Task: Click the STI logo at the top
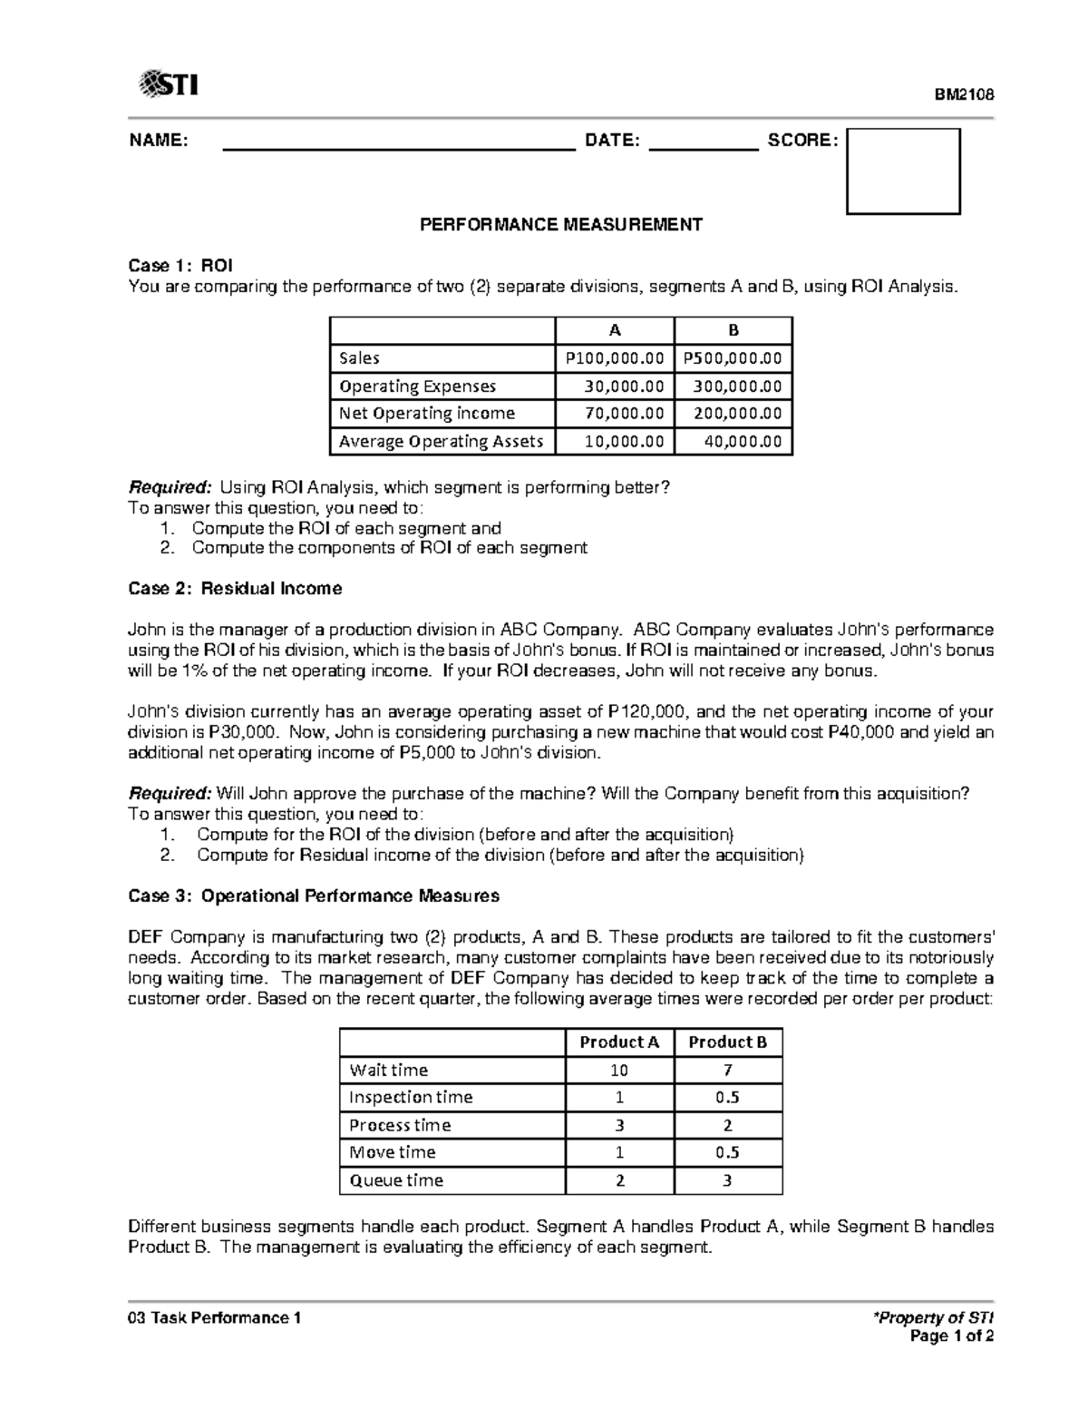pyautogui.click(x=169, y=85)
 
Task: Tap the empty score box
pyautogui.click(x=902, y=171)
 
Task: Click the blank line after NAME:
pyautogui.click(x=399, y=141)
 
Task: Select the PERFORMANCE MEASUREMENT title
pyautogui.click(x=560, y=224)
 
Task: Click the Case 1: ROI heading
pyautogui.click(x=180, y=266)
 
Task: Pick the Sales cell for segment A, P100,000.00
pyautogui.click(x=614, y=358)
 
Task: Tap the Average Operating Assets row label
pyautogui.click(x=441, y=442)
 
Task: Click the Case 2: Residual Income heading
pyautogui.click(x=235, y=589)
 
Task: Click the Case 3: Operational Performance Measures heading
pyautogui.click(x=314, y=896)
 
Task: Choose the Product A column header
pyautogui.click(x=619, y=1042)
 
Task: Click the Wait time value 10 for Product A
pyautogui.click(x=619, y=1071)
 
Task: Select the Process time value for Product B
pyautogui.click(x=727, y=1125)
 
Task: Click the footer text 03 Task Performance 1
pyautogui.click(x=215, y=1317)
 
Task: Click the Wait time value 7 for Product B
pyautogui.click(x=727, y=1071)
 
